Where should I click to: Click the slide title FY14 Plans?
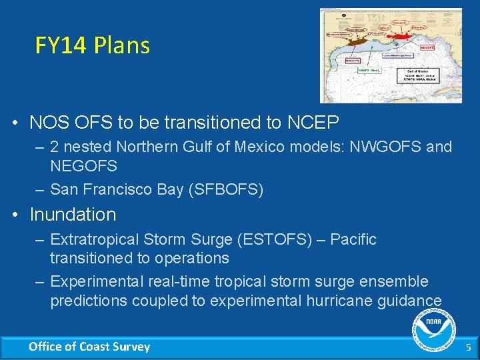[93, 45]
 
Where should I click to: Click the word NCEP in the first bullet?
[313, 123]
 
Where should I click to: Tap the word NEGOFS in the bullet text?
[83, 165]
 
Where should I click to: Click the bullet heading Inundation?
[73, 215]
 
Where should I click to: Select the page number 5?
[468, 347]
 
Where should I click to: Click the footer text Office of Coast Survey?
[89, 347]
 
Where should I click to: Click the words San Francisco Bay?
[117, 189]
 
